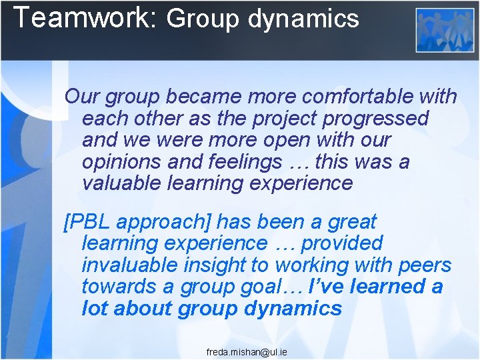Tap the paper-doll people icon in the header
(445, 31)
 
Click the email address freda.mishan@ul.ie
(247, 351)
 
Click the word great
(351, 221)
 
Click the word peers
(424, 265)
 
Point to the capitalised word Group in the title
(202, 19)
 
